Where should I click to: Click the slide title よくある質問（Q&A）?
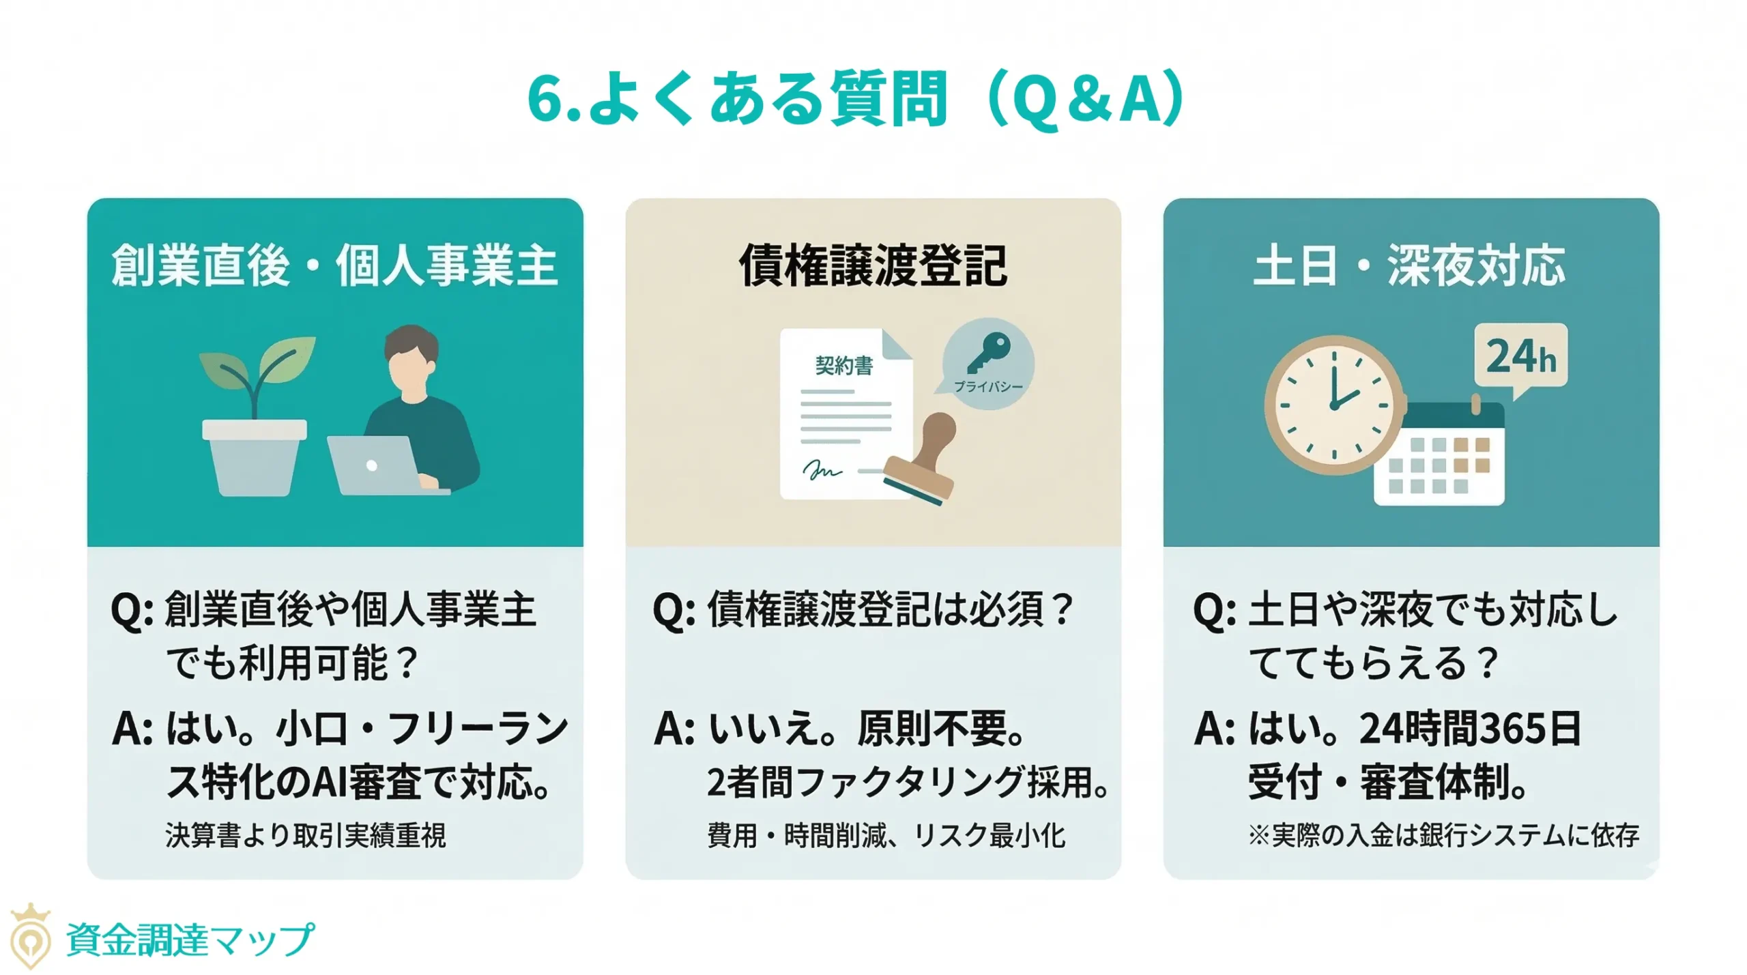(856, 100)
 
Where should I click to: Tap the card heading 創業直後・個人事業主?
(334, 265)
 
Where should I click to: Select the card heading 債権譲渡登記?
(873, 265)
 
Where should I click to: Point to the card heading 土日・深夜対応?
(1410, 265)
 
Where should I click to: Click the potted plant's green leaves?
(259, 365)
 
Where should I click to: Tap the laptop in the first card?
(375, 465)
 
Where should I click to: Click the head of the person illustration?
(411, 362)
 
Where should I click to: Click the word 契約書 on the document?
(844, 366)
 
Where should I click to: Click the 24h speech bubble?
(1521, 357)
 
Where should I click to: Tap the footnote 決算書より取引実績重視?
(305, 835)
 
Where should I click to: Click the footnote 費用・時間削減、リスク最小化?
(886, 835)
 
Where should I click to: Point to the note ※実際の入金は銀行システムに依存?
(1443, 835)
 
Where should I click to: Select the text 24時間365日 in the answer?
(1471, 729)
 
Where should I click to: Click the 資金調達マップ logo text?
(190, 940)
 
